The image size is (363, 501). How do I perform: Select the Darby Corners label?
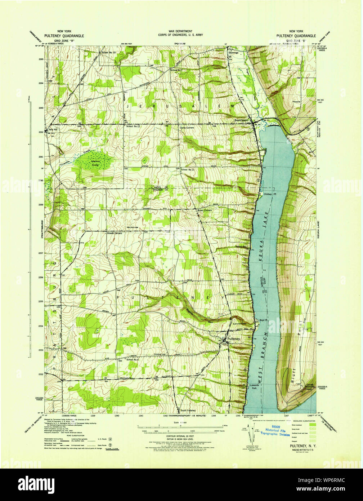click(x=187, y=128)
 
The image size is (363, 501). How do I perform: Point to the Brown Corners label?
click(x=204, y=210)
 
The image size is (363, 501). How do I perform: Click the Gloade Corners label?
click(x=114, y=233)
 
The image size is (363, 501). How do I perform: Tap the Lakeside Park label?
click(x=254, y=387)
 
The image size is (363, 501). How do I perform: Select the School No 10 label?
click(x=109, y=53)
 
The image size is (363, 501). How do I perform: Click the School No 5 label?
click(x=132, y=360)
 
